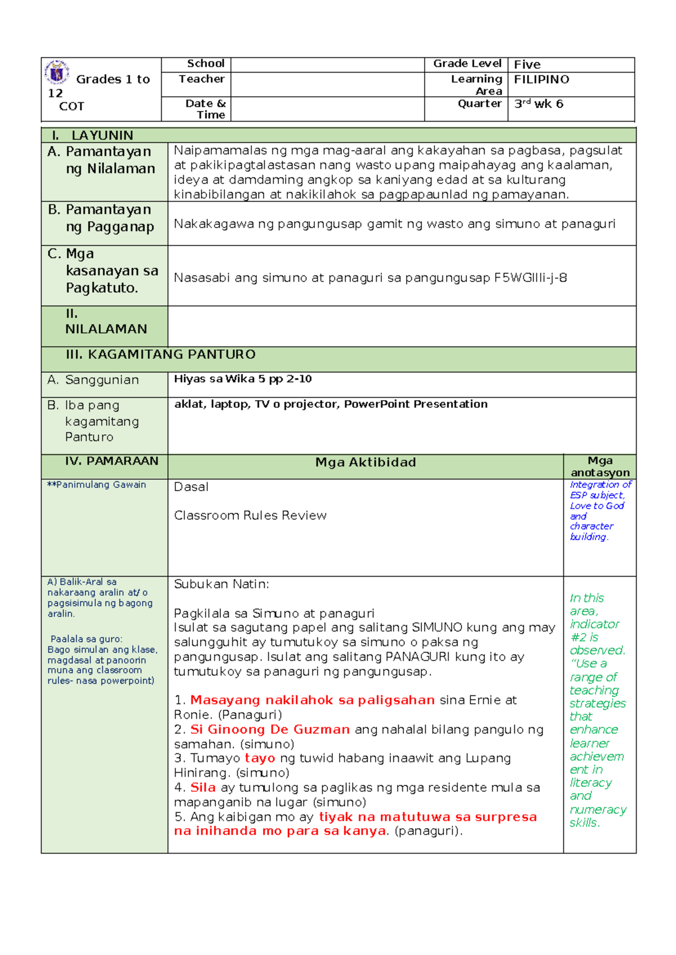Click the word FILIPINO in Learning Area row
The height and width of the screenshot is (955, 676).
click(x=541, y=79)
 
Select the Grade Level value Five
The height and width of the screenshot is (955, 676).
click(x=527, y=65)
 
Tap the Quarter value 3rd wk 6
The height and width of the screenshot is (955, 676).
click(x=539, y=104)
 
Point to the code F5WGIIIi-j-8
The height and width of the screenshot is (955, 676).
click(x=530, y=278)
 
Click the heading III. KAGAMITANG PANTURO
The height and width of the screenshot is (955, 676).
click(x=161, y=354)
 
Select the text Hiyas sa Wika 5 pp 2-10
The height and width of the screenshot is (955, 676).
click(x=243, y=379)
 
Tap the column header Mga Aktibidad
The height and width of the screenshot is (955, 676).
click(x=366, y=462)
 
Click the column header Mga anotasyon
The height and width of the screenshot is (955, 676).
click(x=600, y=467)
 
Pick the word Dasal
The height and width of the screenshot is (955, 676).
click(x=191, y=487)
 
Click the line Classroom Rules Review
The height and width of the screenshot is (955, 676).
click(x=250, y=515)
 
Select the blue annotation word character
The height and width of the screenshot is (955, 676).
click(x=591, y=526)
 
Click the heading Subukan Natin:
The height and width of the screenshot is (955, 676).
click(x=221, y=584)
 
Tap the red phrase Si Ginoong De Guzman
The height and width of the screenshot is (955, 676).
click(x=270, y=729)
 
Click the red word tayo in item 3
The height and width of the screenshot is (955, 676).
click(x=260, y=758)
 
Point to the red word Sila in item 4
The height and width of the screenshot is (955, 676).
click(x=203, y=787)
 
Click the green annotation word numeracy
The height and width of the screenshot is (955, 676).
click(x=598, y=809)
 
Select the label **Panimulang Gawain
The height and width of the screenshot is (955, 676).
click(x=96, y=485)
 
